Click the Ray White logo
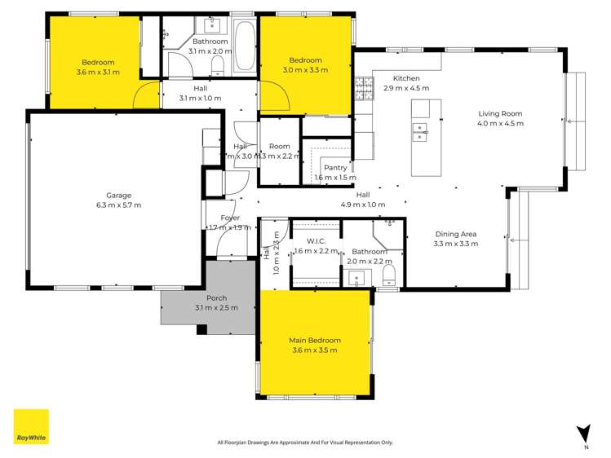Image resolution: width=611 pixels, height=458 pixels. pos(31,427)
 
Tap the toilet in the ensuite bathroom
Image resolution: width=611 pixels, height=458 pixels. pos(388,272)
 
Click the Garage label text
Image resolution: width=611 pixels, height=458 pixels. pos(118,195)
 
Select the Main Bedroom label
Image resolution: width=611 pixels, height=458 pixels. pos(314,340)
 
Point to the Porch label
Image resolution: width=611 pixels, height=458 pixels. pos(216,298)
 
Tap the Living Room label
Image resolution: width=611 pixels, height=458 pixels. pos(500,114)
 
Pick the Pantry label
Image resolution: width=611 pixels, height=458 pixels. pos(335,167)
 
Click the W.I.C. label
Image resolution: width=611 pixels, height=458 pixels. pos(317,241)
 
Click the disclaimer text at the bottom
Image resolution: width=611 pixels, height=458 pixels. pos(305,443)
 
